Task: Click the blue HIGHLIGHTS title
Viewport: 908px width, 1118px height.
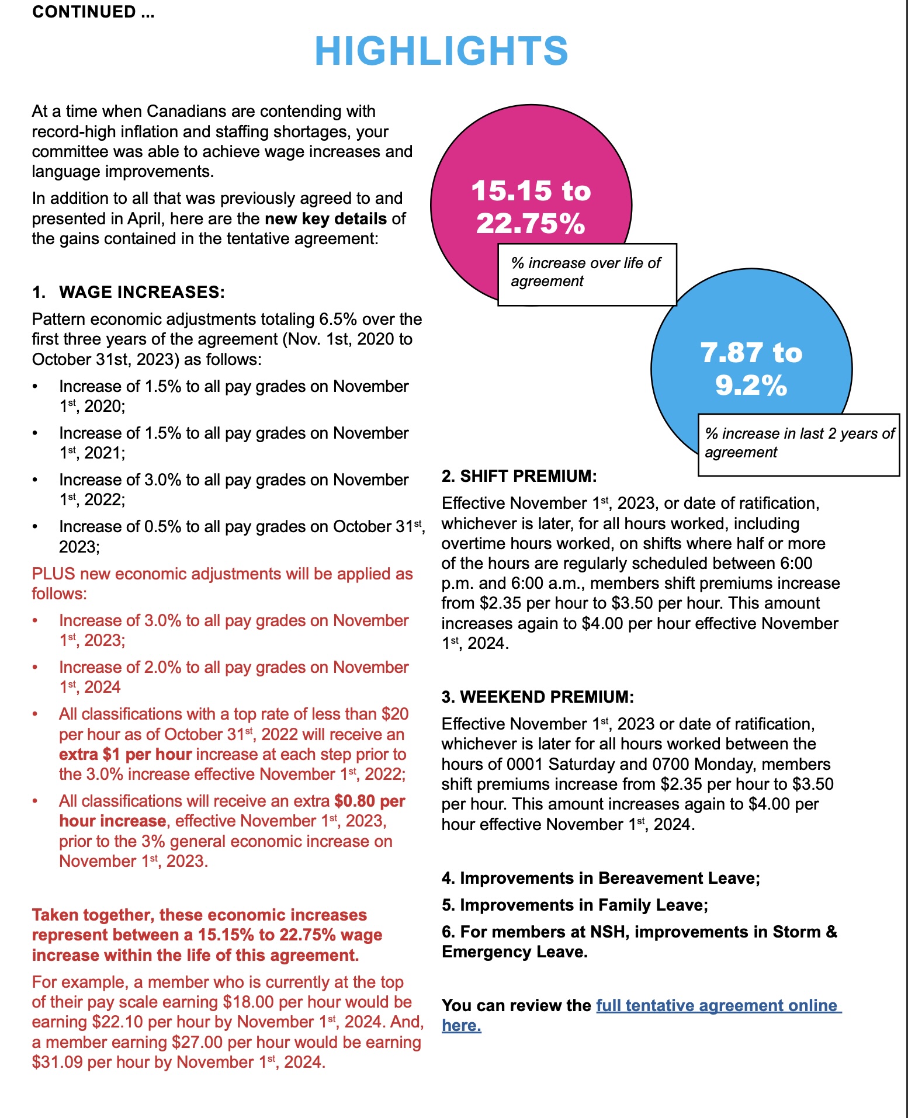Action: pyautogui.click(x=441, y=51)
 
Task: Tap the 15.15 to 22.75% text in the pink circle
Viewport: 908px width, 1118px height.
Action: pyautogui.click(x=531, y=207)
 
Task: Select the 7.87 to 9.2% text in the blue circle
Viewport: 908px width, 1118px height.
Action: pyautogui.click(x=751, y=369)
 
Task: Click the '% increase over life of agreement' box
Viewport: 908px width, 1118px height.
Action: pyautogui.click(x=586, y=273)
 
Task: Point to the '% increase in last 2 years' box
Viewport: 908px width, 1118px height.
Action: pyautogui.click(x=798, y=443)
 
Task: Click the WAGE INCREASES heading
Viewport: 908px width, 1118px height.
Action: pyautogui.click(x=141, y=292)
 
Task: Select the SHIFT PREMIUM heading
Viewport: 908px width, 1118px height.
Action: pyautogui.click(x=519, y=476)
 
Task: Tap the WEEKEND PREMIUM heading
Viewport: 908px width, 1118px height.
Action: pyautogui.click(x=538, y=697)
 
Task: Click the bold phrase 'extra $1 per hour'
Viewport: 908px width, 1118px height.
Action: pyautogui.click(x=125, y=755)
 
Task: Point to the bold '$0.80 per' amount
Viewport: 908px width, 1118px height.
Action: pyautogui.click(x=369, y=801)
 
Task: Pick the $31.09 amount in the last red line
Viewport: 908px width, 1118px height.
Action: pyautogui.click(x=57, y=1063)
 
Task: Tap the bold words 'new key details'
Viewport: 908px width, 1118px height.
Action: pyautogui.click(x=325, y=219)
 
